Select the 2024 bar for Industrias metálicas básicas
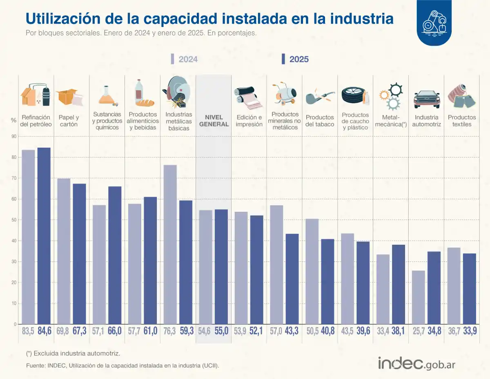pyautogui.click(x=170, y=244)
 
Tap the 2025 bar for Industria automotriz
pyautogui.click(x=434, y=288)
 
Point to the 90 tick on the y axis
pyautogui.click(x=14, y=136)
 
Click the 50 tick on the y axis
pyautogui.click(x=14, y=220)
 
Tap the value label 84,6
pyautogui.click(x=44, y=331)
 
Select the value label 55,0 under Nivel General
pyautogui.click(x=221, y=331)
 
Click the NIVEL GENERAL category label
pyautogui.click(x=214, y=121)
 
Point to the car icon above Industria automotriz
pyautogui.click(x=427, y=98)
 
